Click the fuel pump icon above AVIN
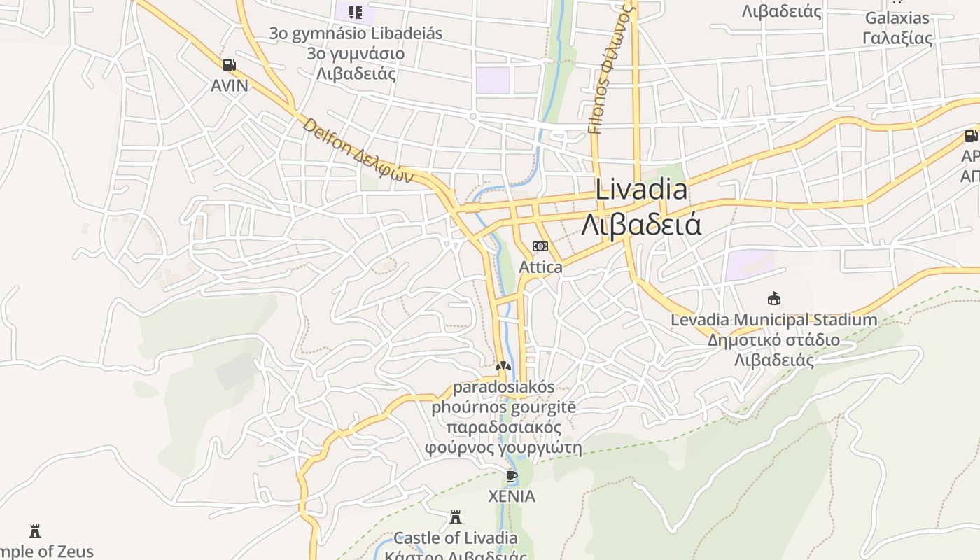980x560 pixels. (x=229, y=66)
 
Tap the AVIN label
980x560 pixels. (x=230, y=85)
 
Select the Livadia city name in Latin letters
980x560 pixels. (x=641, y=190)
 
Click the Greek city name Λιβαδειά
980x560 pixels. (x=641, y=225)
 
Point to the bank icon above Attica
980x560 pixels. (x=540, y=246)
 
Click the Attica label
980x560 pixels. (x=540, y=267)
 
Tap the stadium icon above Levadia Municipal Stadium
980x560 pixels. (x=773, y=299)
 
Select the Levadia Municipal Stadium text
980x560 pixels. (x=773, y=320)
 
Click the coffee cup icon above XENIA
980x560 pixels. (x=512, y=477)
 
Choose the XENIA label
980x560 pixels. (x=512, y=497)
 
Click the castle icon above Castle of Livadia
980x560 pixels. (x=456, y=518)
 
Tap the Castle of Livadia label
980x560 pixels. (x=456, y=538)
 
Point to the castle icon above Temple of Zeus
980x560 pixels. (x=35, y=531)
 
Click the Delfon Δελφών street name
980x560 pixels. (x=358, y=151)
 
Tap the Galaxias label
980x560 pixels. (x=897, y=18)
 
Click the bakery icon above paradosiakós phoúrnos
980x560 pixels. (x=503, y=366)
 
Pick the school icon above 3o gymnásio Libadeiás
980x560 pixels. (x=356, y=13)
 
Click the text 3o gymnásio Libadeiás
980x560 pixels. (x=356, y=34)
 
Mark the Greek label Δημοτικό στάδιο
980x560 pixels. (x=773, y=340)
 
